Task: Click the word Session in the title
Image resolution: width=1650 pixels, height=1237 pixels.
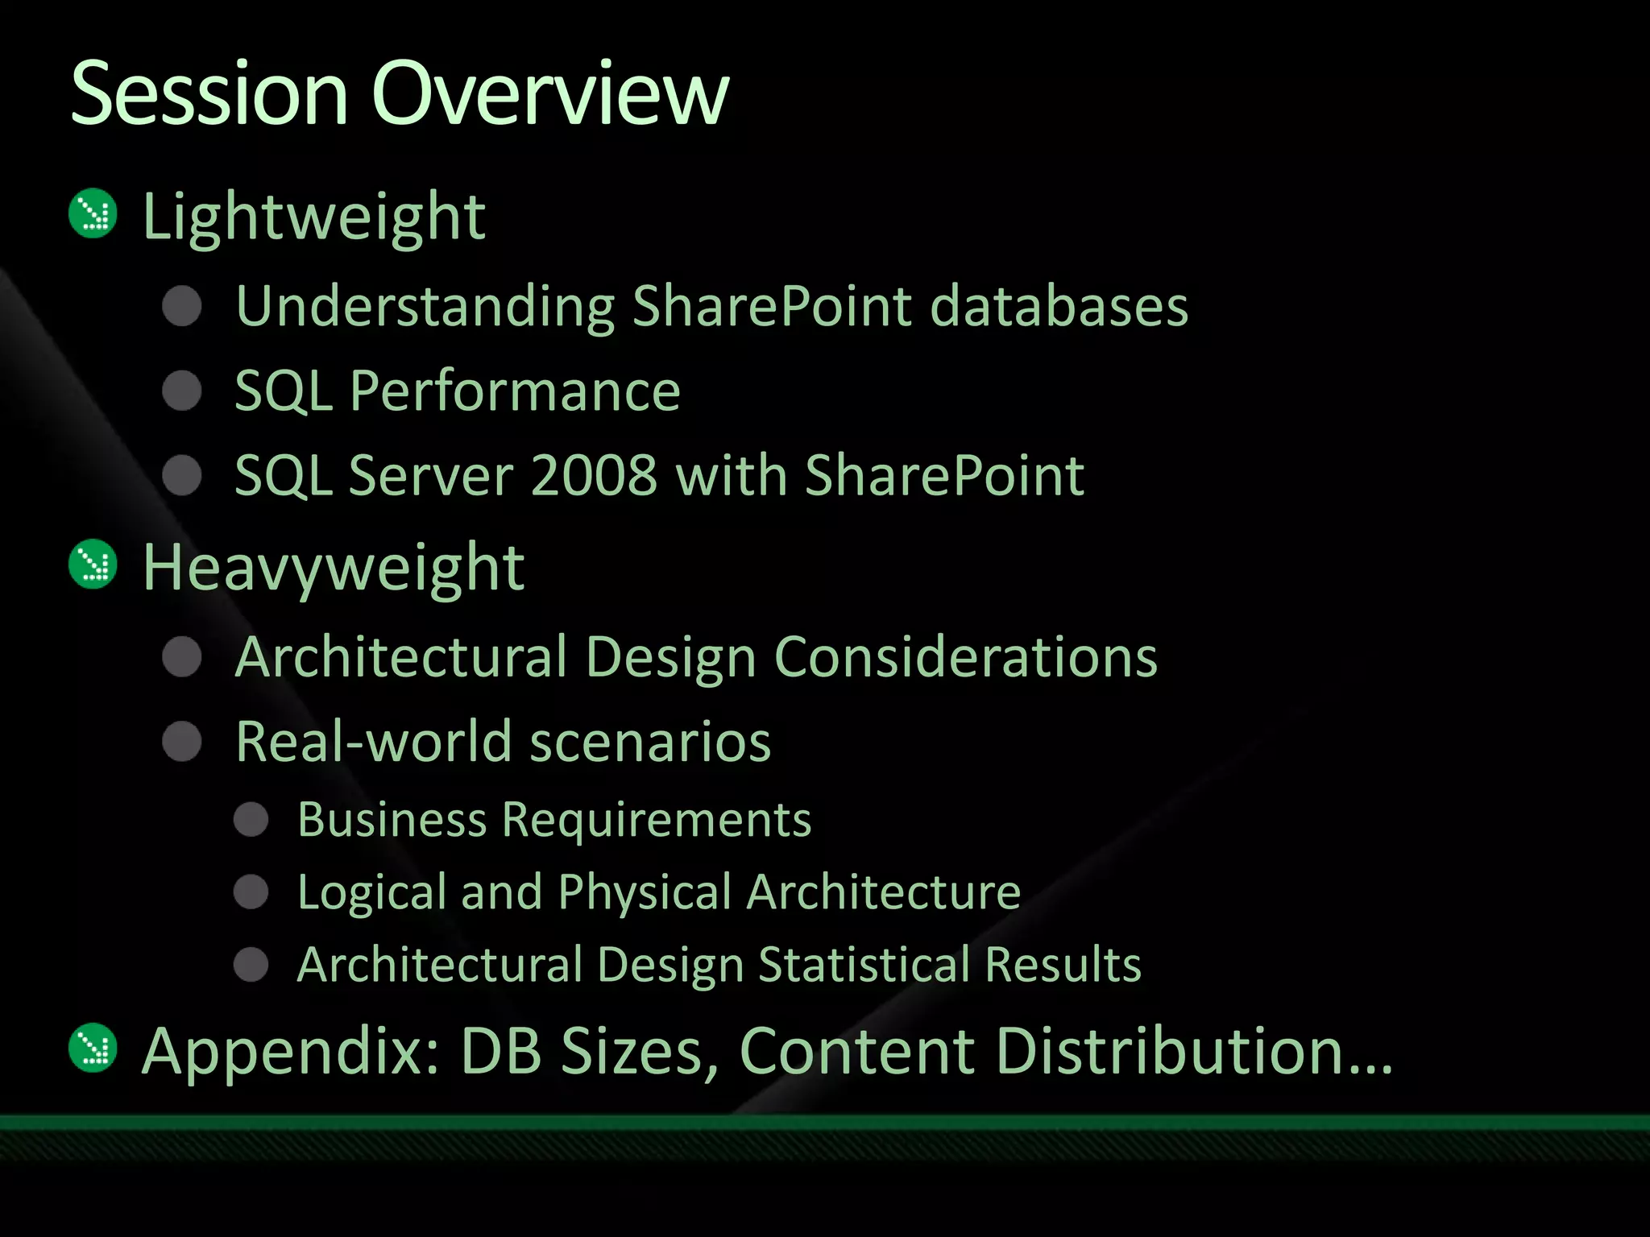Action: (x=209, y=94)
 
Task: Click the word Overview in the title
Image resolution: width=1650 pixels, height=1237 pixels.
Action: (x=549, y=94)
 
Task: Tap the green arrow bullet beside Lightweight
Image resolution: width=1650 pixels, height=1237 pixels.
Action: (x=93, y=213)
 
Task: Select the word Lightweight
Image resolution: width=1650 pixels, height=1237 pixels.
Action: (x=314, y=217)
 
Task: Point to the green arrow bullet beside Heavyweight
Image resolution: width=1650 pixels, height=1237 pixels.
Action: (x=93, y=565)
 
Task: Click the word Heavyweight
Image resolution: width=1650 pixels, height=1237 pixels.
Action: (x=334, y=569)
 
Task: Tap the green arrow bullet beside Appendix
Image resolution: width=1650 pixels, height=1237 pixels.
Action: (x=93, y=1048)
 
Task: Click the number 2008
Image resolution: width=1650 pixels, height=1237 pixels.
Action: (x=594, y=475)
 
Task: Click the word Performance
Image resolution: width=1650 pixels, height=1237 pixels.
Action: (x=515, y=392)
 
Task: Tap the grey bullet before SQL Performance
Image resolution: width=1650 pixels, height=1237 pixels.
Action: (x=182, y=391)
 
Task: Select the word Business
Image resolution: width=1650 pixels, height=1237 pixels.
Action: (x=392, y=820)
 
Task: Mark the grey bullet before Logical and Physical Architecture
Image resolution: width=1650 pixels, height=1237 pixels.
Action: (x=251, y=892)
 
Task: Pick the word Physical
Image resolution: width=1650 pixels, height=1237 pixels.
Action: (x=645, y=893)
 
